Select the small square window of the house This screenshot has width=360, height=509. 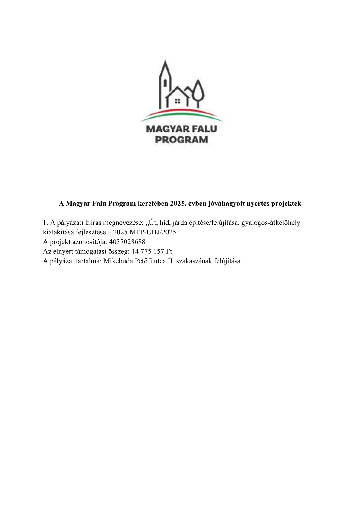point(178,101)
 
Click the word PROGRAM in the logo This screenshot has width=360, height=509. point(181,140)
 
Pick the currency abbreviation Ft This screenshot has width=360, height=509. point(169,252)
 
